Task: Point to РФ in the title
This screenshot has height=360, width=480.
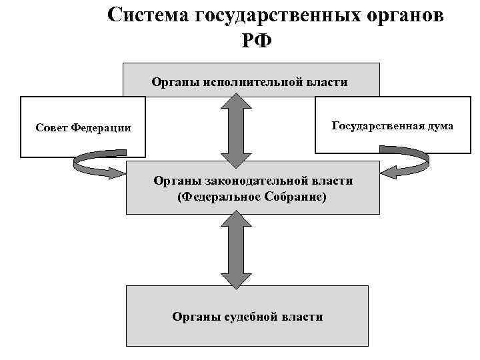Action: (257, 39)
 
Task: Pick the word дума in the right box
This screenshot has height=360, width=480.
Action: (439, 125)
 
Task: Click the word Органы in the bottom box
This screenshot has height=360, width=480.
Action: (193, 317)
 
